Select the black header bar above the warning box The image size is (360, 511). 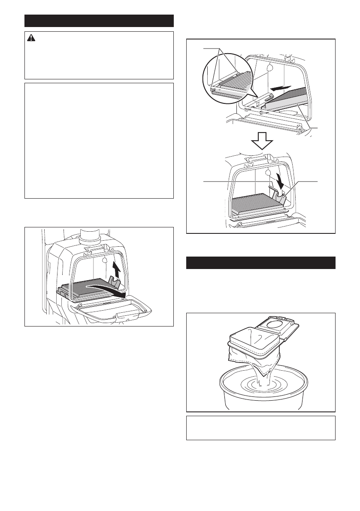coord(99,21)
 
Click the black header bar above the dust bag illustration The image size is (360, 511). coord(260,263)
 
